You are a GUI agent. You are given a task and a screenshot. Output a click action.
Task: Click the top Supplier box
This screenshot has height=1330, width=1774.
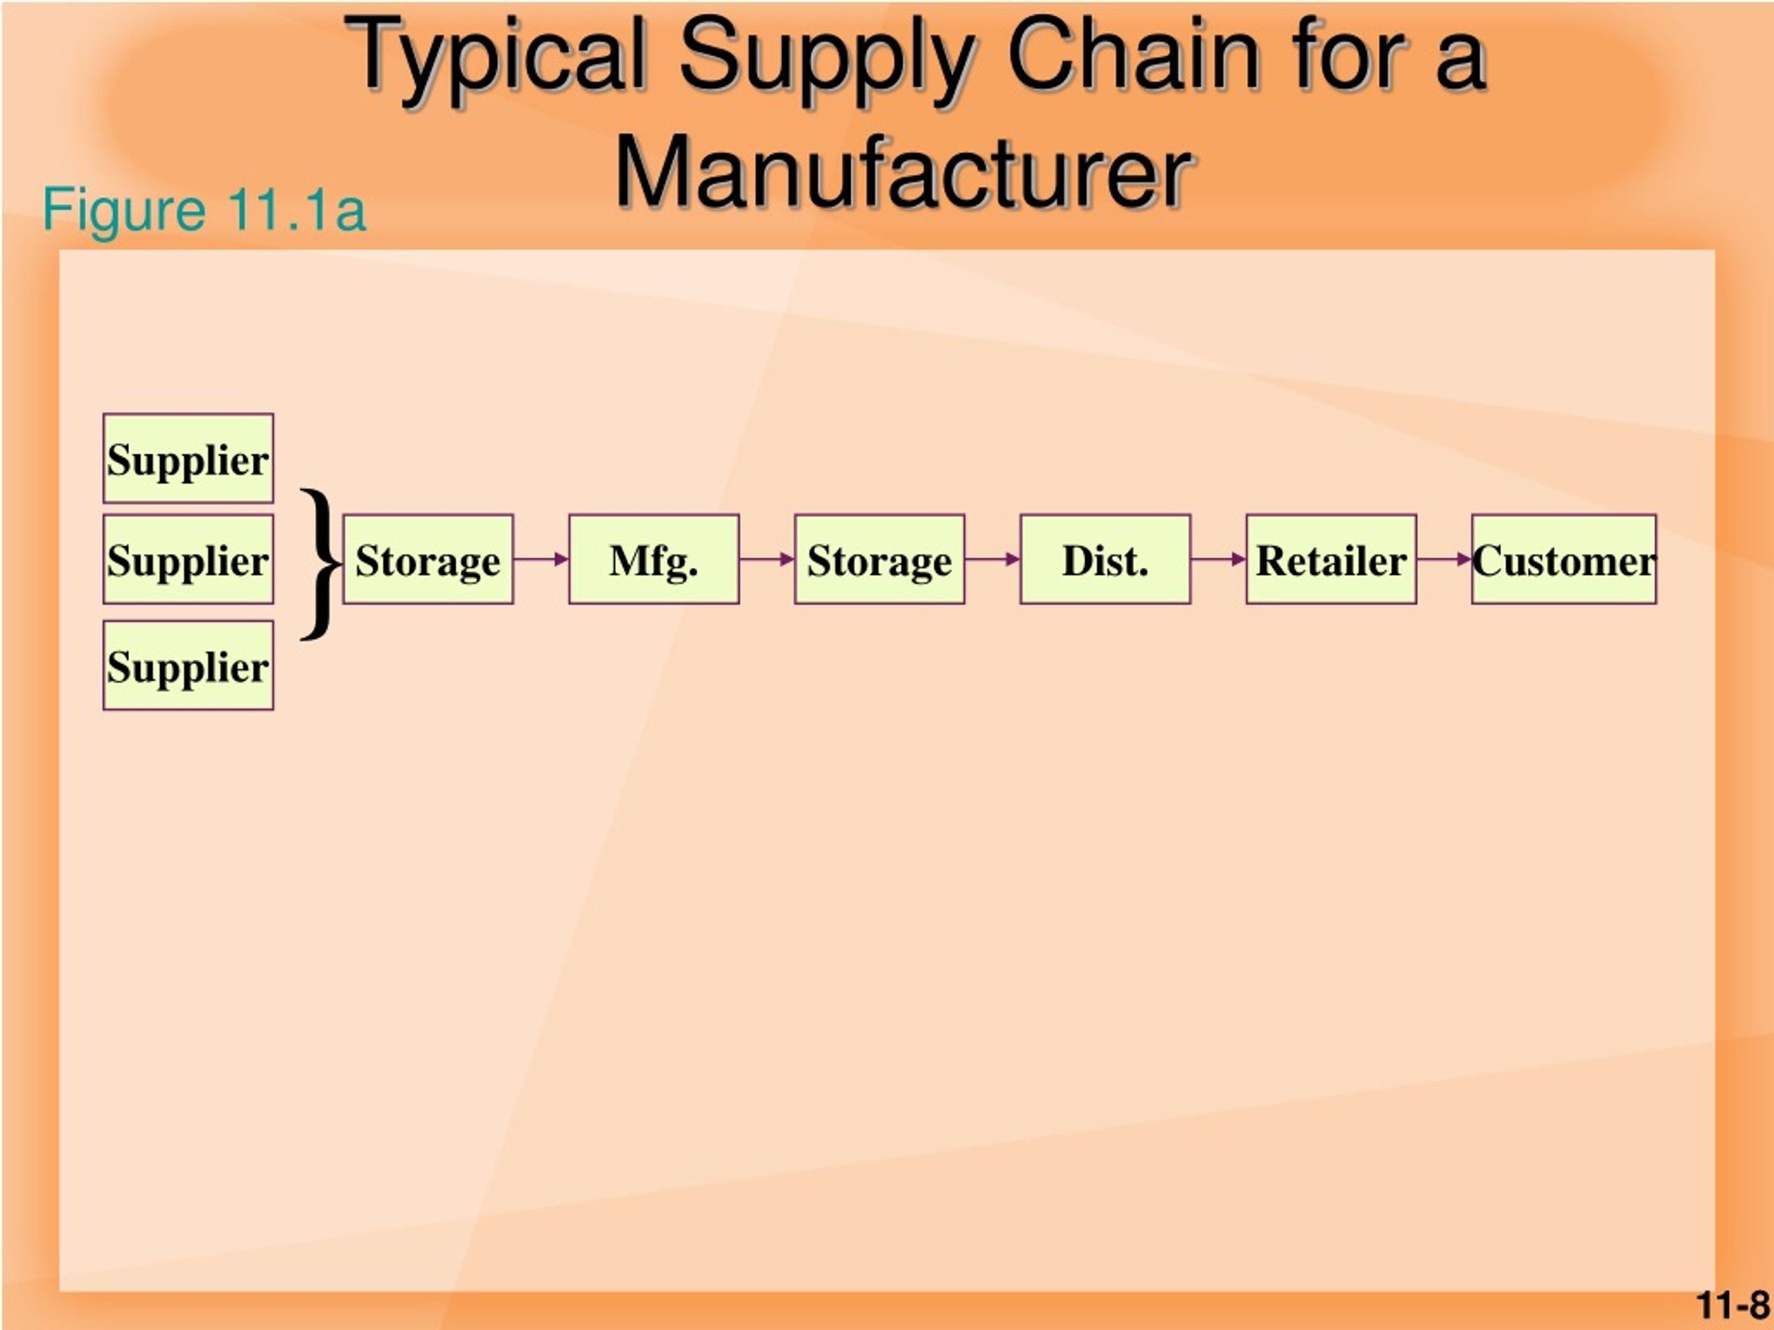pyautogui.click(x=188, y=459)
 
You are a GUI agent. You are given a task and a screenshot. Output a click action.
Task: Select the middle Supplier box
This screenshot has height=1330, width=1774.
pyautogui.click(x=188, y=560)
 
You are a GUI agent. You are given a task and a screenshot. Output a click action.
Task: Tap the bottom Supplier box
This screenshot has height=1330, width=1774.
pyautogui.click(x=188, y=666)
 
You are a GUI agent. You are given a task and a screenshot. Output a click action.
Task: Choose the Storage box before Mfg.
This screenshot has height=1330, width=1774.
pyautogui.click(x=428, y=560)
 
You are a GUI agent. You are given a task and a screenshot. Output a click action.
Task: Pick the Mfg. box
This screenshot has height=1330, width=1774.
pyautogui.click(x=654, y=560)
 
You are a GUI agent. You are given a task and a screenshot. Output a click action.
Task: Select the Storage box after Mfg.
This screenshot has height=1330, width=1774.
pyautogui.click(x=880, y=560)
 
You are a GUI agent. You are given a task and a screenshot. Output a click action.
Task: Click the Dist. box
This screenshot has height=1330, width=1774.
pyautogui.click(x=1105, y=560)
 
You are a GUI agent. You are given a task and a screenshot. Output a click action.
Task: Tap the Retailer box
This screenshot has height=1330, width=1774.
pyautogui.click(x=1331, y=560)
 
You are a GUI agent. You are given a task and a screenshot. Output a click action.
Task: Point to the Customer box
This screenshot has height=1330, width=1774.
pyautogui.click(x=1564, y=560)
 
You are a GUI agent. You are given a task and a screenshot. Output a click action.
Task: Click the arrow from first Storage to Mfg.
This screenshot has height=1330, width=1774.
pyautogui.click(x=541, y=559)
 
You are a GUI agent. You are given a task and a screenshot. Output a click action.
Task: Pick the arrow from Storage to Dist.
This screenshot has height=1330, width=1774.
pyautogui.click(x=993, y=559)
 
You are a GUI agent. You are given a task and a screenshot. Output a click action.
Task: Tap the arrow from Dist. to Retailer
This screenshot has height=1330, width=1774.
pyautogui.click(x=1219, y=559)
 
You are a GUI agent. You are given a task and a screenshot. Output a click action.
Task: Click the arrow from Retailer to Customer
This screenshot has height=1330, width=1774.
pyautogui.click(x=1444, y=559)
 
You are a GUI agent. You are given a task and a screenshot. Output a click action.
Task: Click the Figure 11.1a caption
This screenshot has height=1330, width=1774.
pyautogui.click(x=204, y=210)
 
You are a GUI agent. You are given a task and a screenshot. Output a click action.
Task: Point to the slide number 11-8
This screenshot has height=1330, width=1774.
pyautogui.click(x=1733, y=1305)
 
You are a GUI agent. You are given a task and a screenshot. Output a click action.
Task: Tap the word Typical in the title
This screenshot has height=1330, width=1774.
pyautogui.click(x=498, y=60)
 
